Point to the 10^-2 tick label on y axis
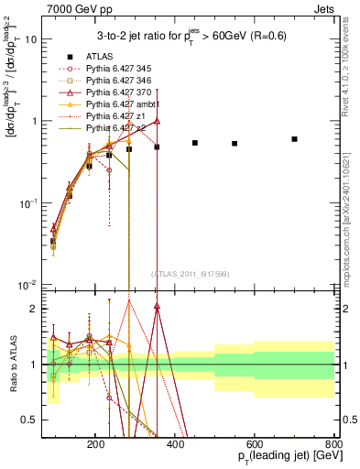pyautogui.click(x=52, y=284)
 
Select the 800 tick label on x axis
pyautogui.click(x=333, y=442)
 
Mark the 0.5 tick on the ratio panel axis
pyautogui.click(x=53, y=420)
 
